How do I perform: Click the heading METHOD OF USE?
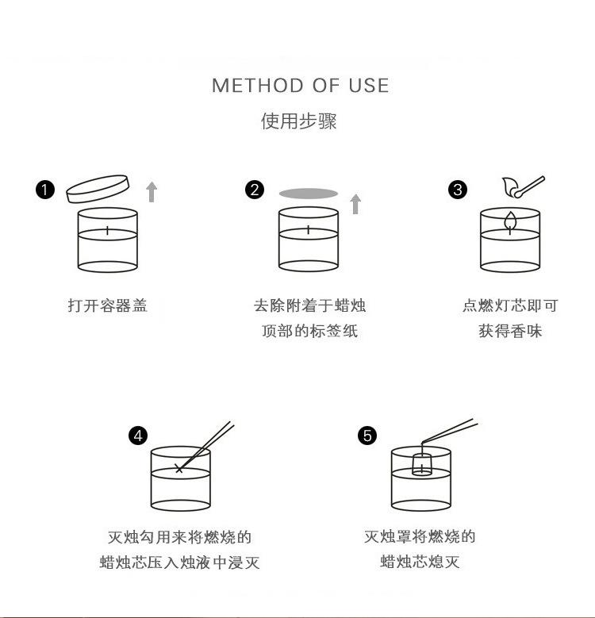pyautogui.click(x=300, y=86)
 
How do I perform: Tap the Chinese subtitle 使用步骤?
pyautogui.click(x=299, y=121)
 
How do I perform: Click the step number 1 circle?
pyautogui.click(x=46, y=190)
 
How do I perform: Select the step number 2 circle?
pyautogui.click(x=255, y=190)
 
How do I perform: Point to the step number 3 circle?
pyautogui.click(x=458, y=190)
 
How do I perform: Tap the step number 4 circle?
pyautogui.click(x=138, y=436)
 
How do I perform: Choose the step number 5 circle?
pyautogui.click(x=367, y=436)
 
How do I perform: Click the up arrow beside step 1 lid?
pyautogui.click(x=152, y=191)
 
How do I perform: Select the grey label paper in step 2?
pyautogui.click(x=309, y=193)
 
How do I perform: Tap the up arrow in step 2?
pyautogui.click(x=355, y=204)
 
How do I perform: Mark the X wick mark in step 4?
pyautogui.click(x=178, y=469)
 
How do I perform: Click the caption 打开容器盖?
pyautogui.click(x=107, y=305)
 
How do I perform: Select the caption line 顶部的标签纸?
pyautogui.click(x=309, y=331)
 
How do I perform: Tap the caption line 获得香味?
pyautogui.click(x=510, y=331)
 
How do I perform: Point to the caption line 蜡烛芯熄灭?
pyautogui.click(x=420, y=562)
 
